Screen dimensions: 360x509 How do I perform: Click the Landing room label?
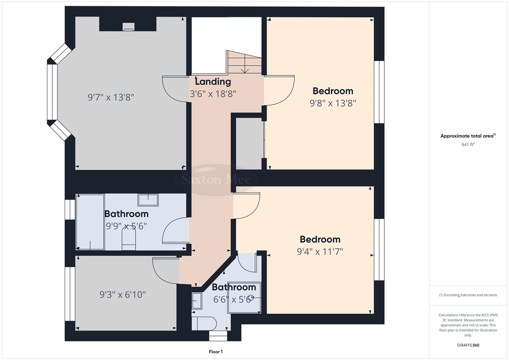(213, 82)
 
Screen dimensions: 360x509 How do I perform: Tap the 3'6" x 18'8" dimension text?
(213, 94)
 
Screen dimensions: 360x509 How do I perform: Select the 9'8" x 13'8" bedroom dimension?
(333, 103)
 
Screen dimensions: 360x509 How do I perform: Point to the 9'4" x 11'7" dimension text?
(320, 251)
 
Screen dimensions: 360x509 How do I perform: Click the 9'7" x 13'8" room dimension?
(111, 97)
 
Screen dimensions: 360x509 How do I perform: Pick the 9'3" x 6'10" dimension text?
(123, 295)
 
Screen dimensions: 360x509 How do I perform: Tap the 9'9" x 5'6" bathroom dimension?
(126, 226)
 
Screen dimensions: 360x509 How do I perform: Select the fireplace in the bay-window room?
(128, 27)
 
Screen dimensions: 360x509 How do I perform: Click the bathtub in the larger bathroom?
(90, 222)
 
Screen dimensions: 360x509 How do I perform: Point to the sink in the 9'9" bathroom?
(148, 200)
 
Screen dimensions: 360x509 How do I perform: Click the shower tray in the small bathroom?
(244, 298)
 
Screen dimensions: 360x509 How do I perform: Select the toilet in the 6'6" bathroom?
(204, 323)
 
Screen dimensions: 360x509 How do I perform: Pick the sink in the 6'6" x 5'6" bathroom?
(197, 301)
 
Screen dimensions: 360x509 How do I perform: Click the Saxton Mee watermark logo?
(216, 180)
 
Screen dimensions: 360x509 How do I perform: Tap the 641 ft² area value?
(468, 145)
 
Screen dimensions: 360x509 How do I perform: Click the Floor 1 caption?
(216, 352)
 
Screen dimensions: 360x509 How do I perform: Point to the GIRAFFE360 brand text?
(468, 345)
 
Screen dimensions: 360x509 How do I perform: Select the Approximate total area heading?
(468, 136)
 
